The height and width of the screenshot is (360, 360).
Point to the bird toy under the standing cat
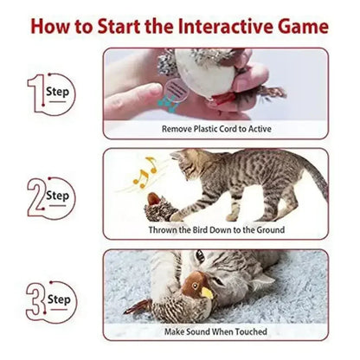click(157, 204)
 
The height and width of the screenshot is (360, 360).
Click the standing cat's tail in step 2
click(309, 177)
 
